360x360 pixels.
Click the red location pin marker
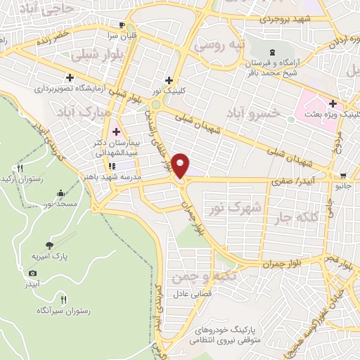tap(181, 166)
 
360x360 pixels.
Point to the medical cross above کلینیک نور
tap(168, 79)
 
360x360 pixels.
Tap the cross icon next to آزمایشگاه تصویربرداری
tap(70, 77)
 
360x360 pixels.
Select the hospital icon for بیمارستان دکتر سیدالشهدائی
tap(116, 131)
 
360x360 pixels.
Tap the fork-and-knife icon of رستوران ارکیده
tap(20, 169)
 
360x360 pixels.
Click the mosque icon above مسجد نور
tap(60, 193)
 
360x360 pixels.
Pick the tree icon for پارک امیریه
tap(49, 245)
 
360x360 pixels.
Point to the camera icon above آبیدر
tap(32, 273)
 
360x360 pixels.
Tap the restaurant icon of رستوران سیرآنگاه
tap(64, 299)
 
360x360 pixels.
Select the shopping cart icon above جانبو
tap(342, 176)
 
